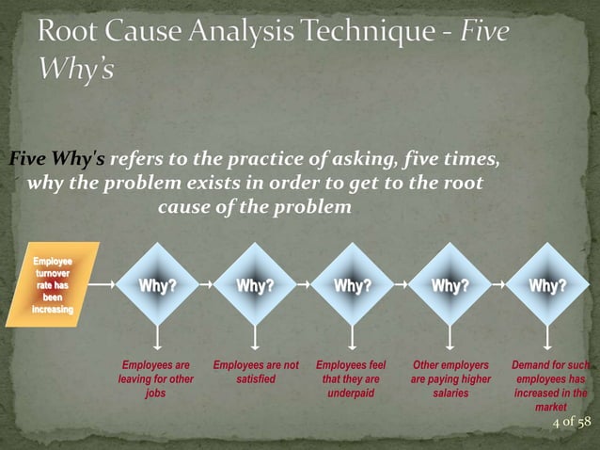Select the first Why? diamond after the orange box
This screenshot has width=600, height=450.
click(x=157, y=286)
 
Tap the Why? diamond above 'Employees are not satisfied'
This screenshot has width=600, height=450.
click(x=255, y=286)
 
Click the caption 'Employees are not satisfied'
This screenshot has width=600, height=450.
click(x=256, y=372)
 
